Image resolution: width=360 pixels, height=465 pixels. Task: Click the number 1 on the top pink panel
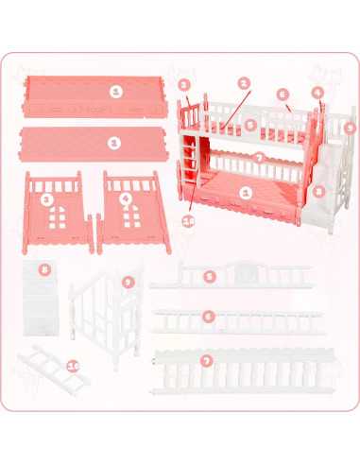point(115,92)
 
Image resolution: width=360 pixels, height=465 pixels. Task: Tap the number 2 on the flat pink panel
point(114,143)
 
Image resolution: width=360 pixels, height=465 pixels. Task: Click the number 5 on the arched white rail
point(210,276)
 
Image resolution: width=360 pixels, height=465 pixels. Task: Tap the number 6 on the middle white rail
point(209,317)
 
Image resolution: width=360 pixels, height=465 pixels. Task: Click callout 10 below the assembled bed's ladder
point(188,220)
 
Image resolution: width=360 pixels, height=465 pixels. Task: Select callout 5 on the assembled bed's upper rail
point(250,124)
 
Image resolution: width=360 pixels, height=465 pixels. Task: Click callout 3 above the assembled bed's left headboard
point(183,84)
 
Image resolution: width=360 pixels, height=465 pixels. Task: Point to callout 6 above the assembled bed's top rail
point(283,95)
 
